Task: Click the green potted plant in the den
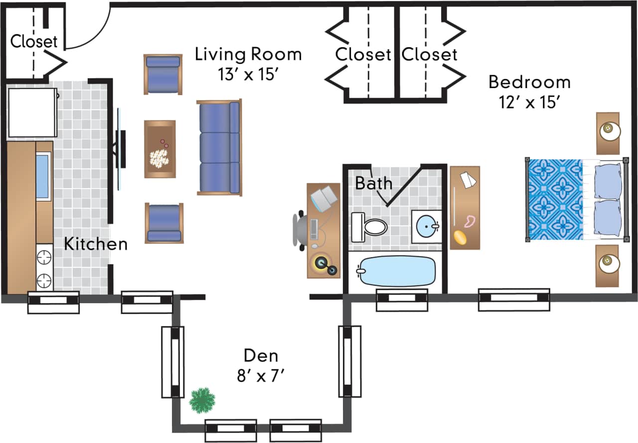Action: point(202,400)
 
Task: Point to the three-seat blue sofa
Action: point(219,147)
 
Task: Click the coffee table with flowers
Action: point(159,149)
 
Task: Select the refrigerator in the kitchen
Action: point(32,112)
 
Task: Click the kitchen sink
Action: point(43,177)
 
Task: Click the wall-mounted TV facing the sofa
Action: point(120,149)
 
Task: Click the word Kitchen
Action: point(96,244)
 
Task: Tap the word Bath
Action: point(373,183)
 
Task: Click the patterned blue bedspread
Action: point(555,199)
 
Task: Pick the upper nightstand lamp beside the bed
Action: point(608,131)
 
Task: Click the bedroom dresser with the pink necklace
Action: point(465,208)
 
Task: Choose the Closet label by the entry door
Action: point(34,41)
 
